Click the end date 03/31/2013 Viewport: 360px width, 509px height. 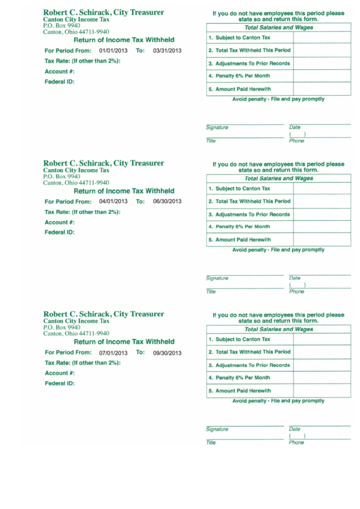167,51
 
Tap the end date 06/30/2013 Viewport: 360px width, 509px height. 167,201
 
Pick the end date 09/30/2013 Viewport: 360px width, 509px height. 167,353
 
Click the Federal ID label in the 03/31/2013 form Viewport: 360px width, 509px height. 59,82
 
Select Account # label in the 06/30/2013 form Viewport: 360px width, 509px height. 59,222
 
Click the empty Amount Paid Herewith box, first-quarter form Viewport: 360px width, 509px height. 322,89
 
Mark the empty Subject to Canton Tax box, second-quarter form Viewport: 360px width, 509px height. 322,188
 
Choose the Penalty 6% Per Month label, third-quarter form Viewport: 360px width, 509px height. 239,377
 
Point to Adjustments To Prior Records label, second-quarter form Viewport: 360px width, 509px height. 249,214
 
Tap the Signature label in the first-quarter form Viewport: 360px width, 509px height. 217,128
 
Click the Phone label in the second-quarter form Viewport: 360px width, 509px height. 297,292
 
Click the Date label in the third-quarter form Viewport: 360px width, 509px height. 295,429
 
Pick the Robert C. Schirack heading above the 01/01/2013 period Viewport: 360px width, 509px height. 103,13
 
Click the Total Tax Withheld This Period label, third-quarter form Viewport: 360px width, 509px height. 249,352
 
